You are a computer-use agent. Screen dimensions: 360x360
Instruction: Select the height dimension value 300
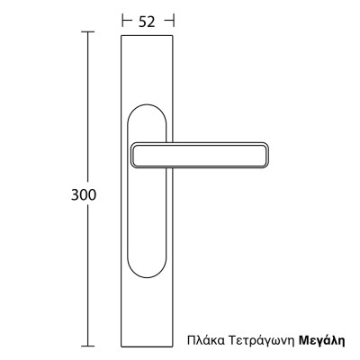click(83, 194)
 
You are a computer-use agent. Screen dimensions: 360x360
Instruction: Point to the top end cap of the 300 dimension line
click(88, 31)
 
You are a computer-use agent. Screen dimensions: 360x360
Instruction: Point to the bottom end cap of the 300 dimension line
click(88, 345)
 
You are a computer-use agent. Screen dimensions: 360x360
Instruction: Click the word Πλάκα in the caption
click(204, 341)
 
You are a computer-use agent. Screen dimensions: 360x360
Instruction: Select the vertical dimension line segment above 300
click(88, 108)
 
